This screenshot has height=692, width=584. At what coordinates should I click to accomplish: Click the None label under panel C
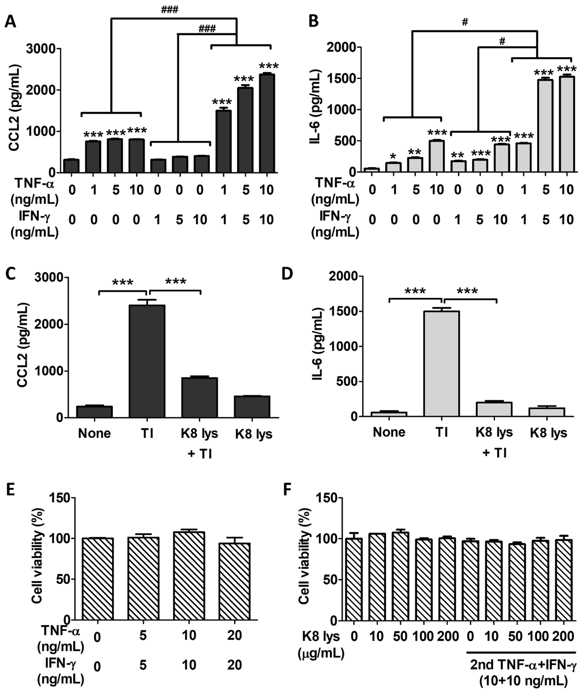click(x=94, y=433)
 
